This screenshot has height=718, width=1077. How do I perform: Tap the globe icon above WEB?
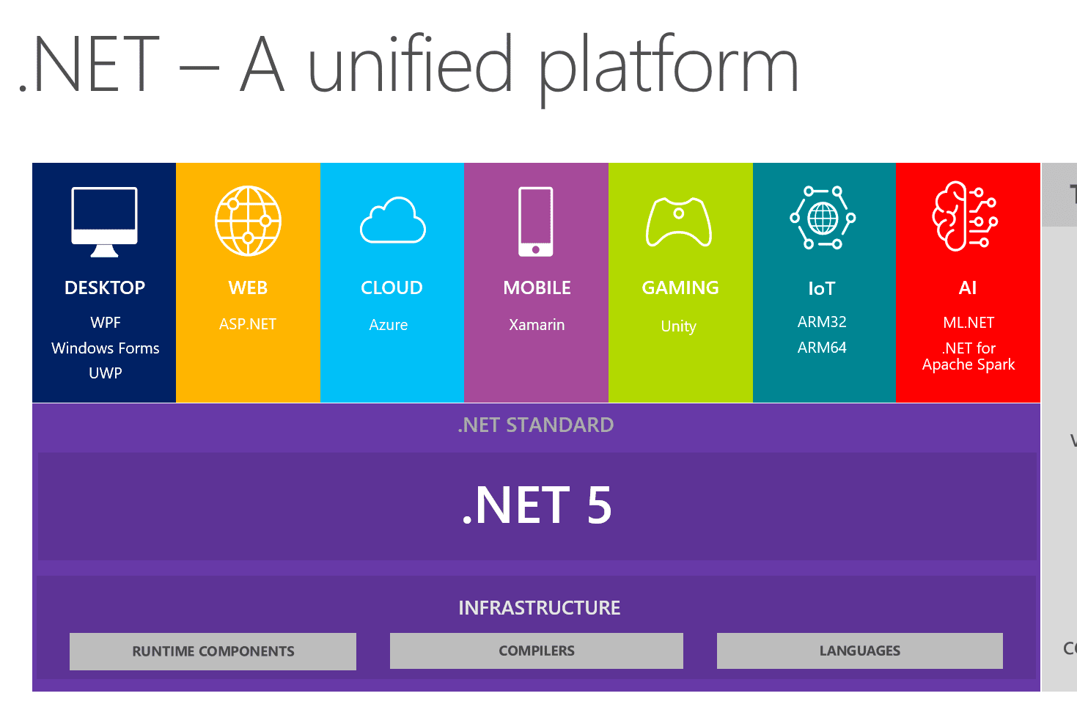[248, 220]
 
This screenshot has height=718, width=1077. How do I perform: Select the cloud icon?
[392, 221]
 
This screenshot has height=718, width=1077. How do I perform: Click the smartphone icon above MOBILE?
[536, 221]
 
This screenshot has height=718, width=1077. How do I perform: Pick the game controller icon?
[679, 221]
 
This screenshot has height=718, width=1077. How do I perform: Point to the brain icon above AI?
[964, 216]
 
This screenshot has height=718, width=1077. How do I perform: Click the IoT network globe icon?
[823, 218]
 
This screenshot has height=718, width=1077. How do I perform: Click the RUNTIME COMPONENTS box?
[213, 651]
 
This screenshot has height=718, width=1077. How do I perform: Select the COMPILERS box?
[536, 651]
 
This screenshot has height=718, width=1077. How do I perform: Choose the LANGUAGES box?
[859, 651]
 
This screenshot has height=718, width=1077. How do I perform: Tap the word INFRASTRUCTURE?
[539, 608]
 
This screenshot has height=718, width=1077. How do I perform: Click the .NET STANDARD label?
[535, 425]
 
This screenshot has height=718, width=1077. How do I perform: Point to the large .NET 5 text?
[536, 505]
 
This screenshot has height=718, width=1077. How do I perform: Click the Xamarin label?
[537, 325]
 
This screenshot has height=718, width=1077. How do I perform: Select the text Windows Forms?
[105, 348]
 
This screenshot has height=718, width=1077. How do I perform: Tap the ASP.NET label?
[248, 324]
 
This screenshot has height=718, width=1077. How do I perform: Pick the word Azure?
[389, 325]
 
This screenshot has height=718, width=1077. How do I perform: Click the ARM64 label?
[822, 348]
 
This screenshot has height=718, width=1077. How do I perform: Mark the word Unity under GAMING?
[678, 326]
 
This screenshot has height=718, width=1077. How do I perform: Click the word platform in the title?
[669, 67]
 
